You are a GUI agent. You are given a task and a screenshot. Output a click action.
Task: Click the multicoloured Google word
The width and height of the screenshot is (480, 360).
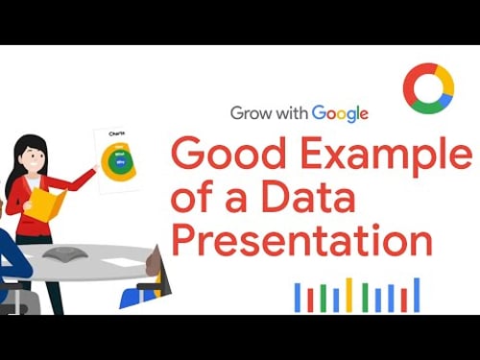(339, 112)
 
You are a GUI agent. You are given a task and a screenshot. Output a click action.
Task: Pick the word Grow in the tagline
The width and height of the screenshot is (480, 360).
(249, 112)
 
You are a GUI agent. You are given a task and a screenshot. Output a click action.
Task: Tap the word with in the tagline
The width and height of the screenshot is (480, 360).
(290, 112)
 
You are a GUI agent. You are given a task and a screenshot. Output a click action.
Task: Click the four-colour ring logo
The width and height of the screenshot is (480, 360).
(428, 88)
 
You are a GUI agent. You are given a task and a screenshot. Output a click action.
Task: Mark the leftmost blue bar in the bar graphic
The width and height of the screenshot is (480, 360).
(298, 298)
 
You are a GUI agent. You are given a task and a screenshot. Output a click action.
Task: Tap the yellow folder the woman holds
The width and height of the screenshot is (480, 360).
(47, 204)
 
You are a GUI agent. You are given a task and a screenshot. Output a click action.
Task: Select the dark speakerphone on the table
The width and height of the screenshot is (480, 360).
(63, 252)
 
